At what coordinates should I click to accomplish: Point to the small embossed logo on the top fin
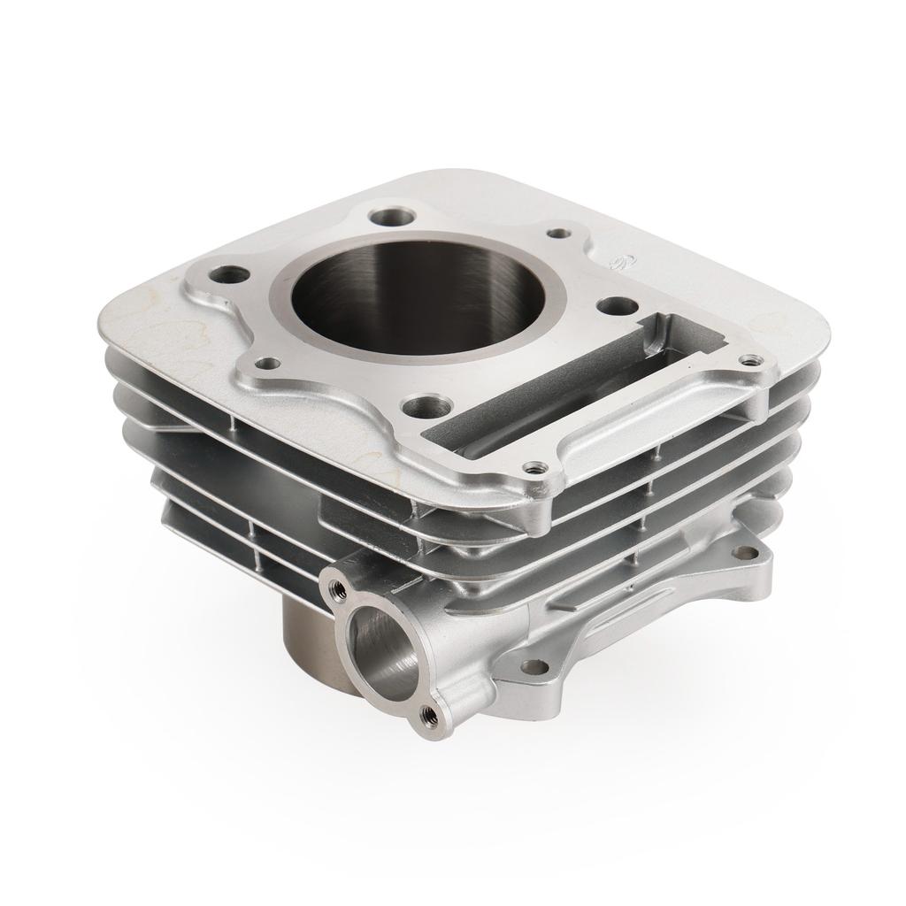click(618, 259)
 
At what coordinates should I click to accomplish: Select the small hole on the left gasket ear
click(265, 362)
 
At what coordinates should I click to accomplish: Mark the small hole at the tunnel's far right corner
click(751, 360)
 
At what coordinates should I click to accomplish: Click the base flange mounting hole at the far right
click(745, 553)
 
